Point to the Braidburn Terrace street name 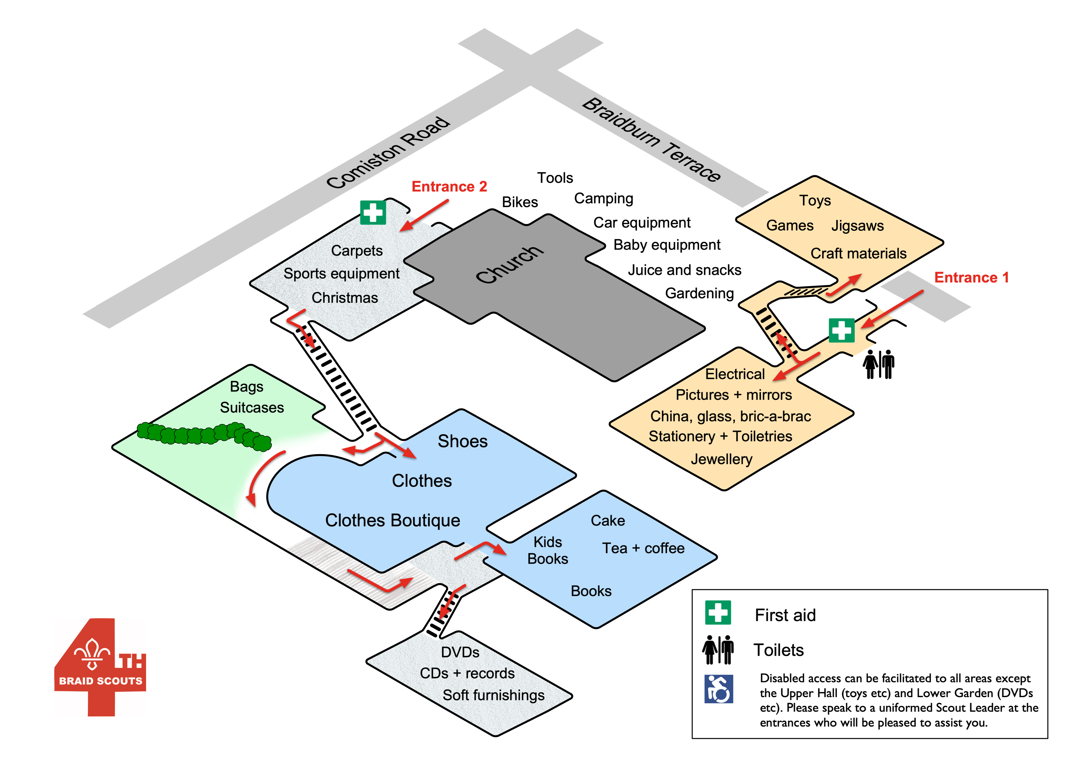click(652, 140)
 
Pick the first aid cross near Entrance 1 click(841, 330)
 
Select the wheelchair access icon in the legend click(718, 689)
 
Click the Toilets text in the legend click(778, 650)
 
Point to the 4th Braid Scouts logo click(100, 667)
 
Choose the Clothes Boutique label click(392, 520)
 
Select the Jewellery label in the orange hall click(721, 459)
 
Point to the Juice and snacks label click(684, 270)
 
